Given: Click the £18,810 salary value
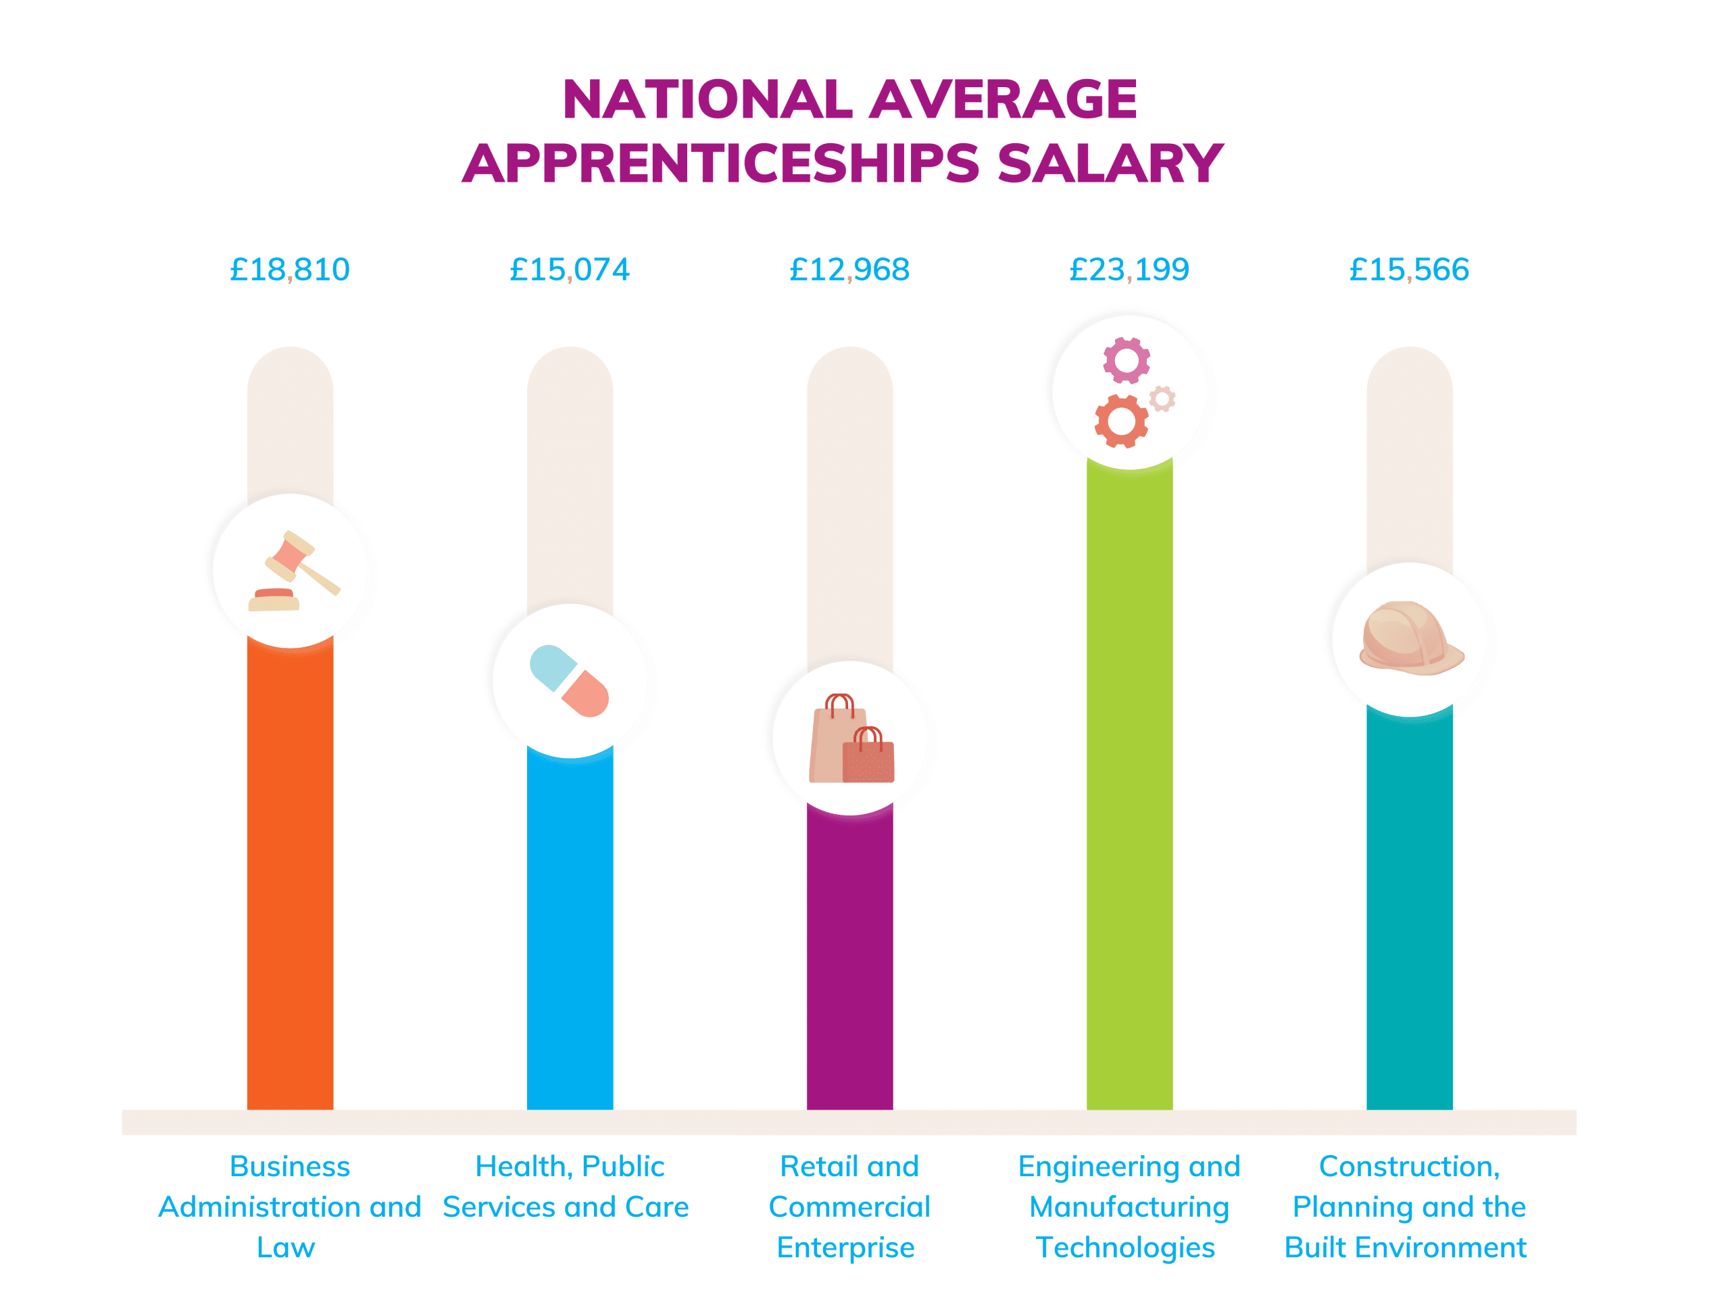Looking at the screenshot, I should (x=289, y=270).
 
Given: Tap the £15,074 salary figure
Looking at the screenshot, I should (x=570, y=270).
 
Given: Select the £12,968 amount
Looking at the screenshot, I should (x=849, y=270).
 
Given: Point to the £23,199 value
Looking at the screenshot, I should (x=1129, y=270).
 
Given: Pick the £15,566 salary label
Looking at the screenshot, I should (x=1408, y=270).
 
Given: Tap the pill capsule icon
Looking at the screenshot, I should (x=570, y=681).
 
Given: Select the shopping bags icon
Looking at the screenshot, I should (x=851, y=739).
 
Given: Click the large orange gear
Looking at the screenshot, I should (x=1120, y=422).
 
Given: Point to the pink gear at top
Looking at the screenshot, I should (x=1127, y=361).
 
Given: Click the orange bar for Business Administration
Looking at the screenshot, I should (x=290, y=875).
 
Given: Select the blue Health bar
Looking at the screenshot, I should (x=570, y=930).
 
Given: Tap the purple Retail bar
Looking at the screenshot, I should (x=849, y=962).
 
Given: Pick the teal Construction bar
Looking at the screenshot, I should (x=1409, y=907).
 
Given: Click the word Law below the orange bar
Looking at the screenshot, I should (x=287, y=1248).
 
